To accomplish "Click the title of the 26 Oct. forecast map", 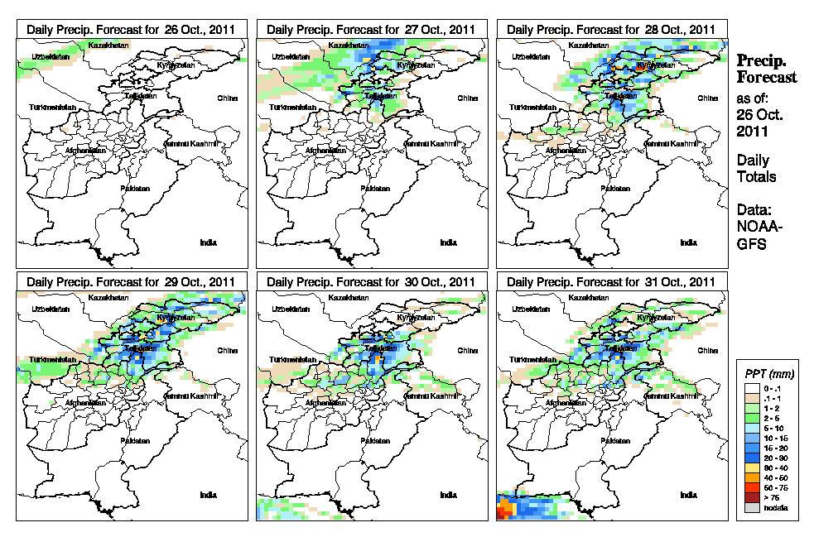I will point(131,29).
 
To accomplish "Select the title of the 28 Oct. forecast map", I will point(611,29).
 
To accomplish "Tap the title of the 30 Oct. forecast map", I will point(371,282).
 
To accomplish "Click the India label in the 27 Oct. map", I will point(448,242).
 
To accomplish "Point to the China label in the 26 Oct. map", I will point(228,98).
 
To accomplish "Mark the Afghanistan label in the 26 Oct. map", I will point(87,151).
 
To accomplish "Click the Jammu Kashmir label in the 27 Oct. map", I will point(435,144).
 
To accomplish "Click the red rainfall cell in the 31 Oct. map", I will point(501,513).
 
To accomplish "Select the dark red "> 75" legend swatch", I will point(751,497).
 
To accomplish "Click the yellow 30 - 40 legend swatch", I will point(751,467).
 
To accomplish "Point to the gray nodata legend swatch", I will point(751,507).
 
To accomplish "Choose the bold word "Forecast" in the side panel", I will point(767,78).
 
